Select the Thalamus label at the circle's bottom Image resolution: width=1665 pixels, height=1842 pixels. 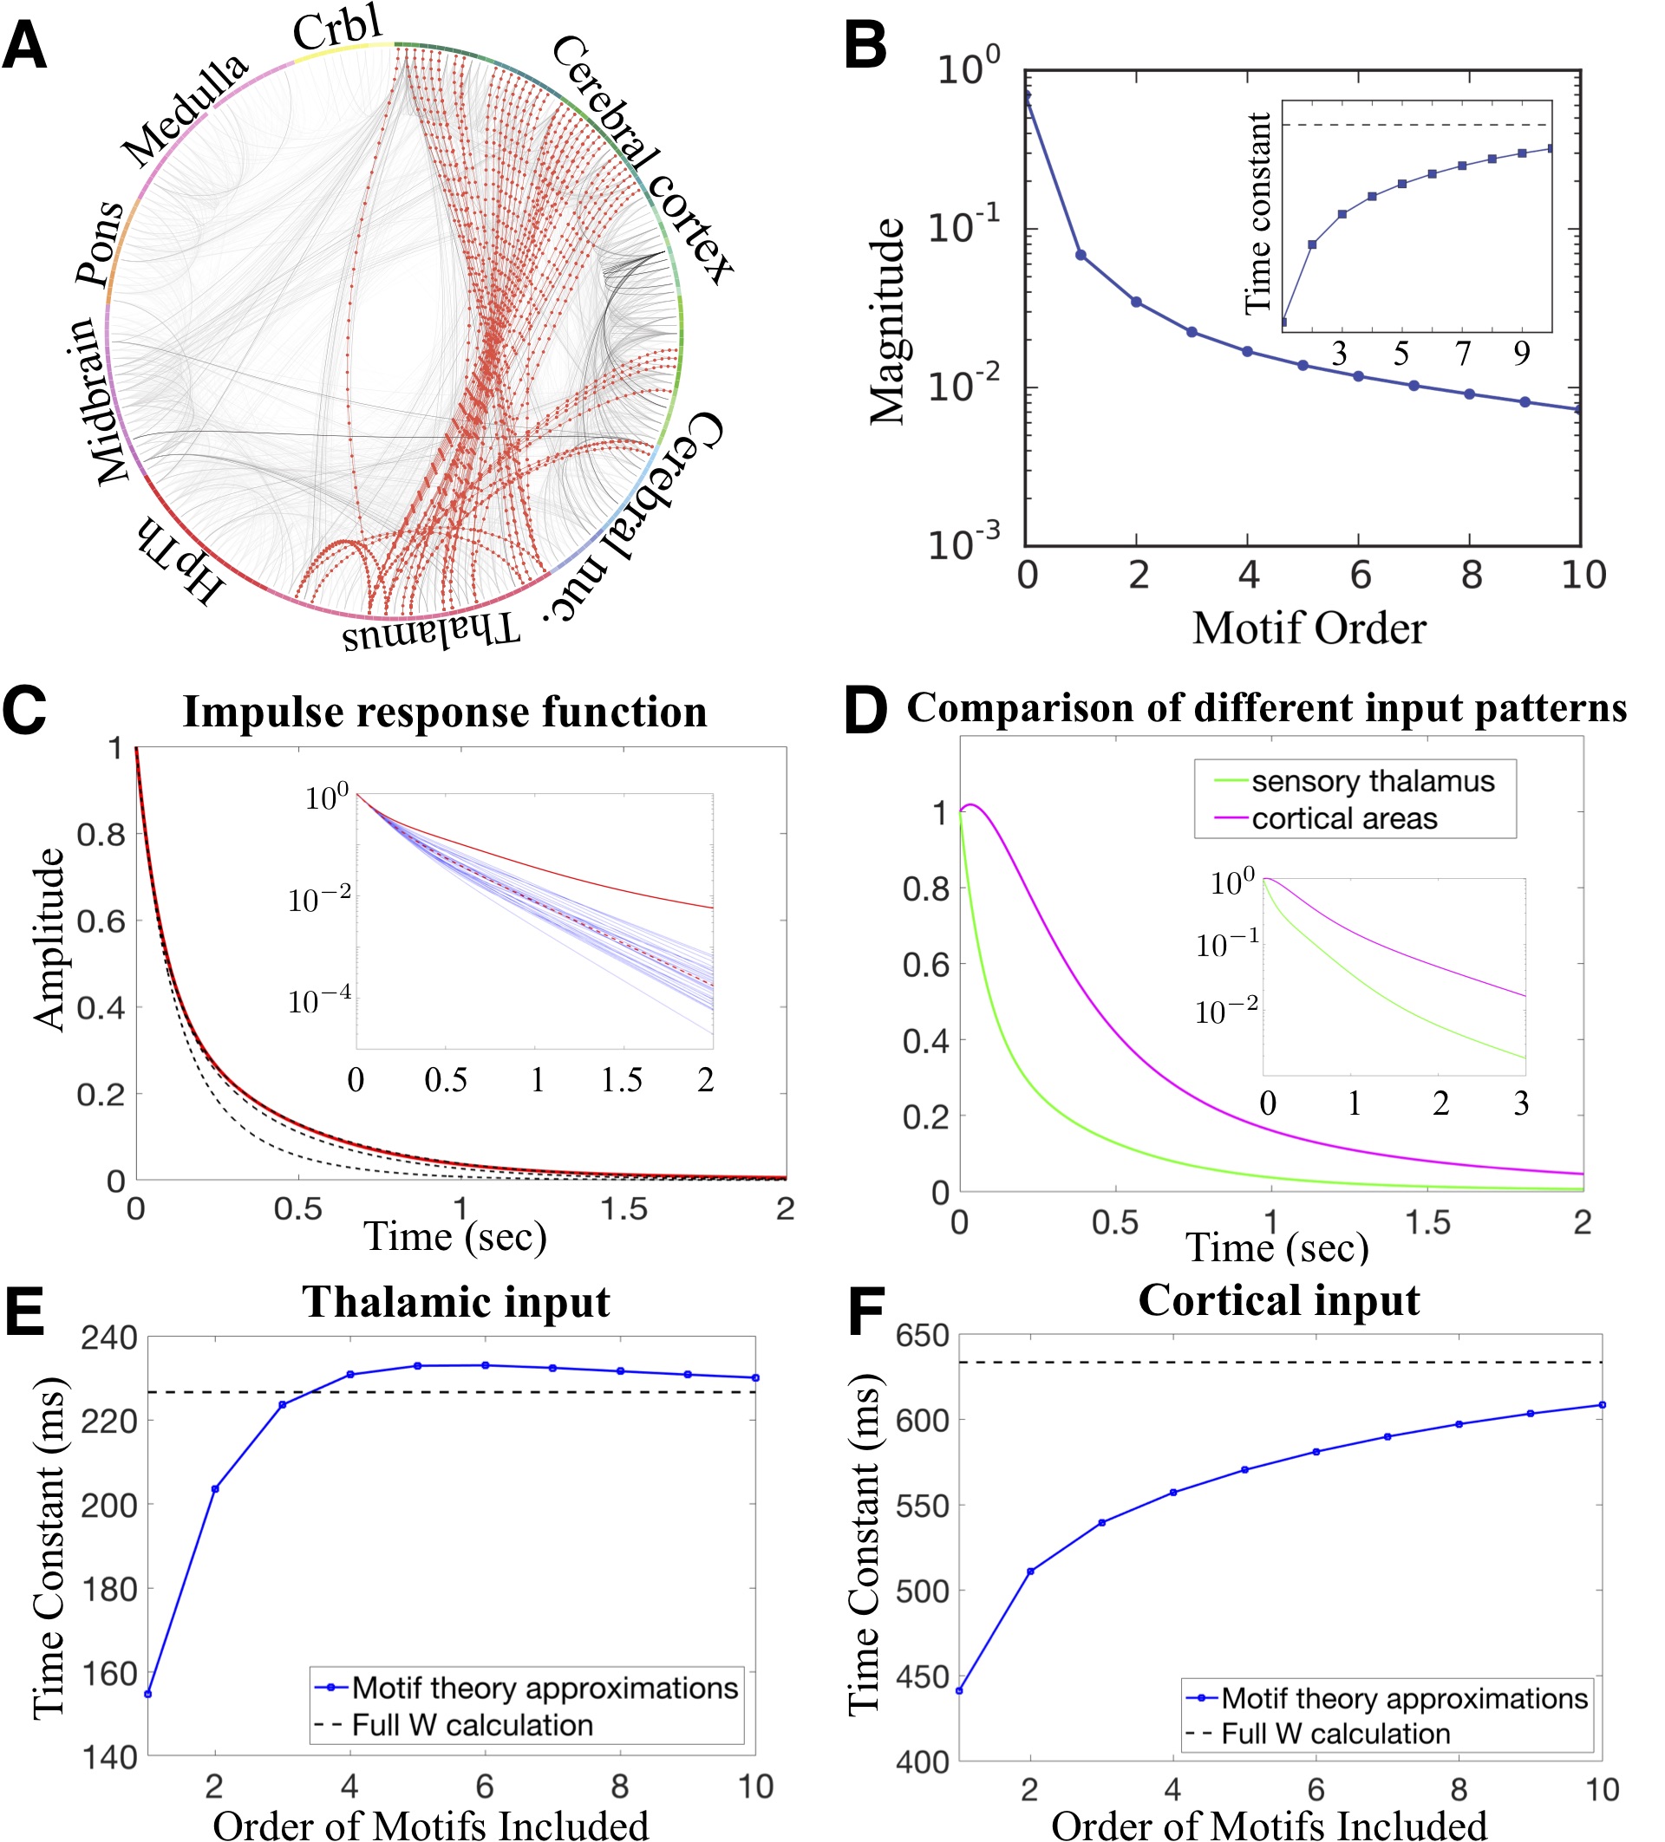(431, 630)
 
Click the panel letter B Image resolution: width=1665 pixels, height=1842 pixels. (865, 46)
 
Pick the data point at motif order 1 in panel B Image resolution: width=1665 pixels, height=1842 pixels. (1081, 255)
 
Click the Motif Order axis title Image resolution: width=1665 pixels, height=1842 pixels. (1309, 628)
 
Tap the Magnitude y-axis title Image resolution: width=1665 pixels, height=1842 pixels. (886, 322)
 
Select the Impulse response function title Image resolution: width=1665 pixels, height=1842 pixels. (445, 712)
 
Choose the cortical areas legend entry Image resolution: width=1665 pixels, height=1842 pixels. (1344, 818)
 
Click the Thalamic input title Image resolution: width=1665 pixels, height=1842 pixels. (456, 1302)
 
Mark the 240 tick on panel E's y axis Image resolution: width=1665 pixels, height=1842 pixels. (108, 1338)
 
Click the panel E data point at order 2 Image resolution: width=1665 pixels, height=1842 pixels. (215, 1489)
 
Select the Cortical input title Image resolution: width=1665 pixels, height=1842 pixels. (1278, 1300)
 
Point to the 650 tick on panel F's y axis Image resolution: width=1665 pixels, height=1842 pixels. (922, 1337)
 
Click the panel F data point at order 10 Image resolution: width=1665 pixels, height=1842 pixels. (1602, 1405)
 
